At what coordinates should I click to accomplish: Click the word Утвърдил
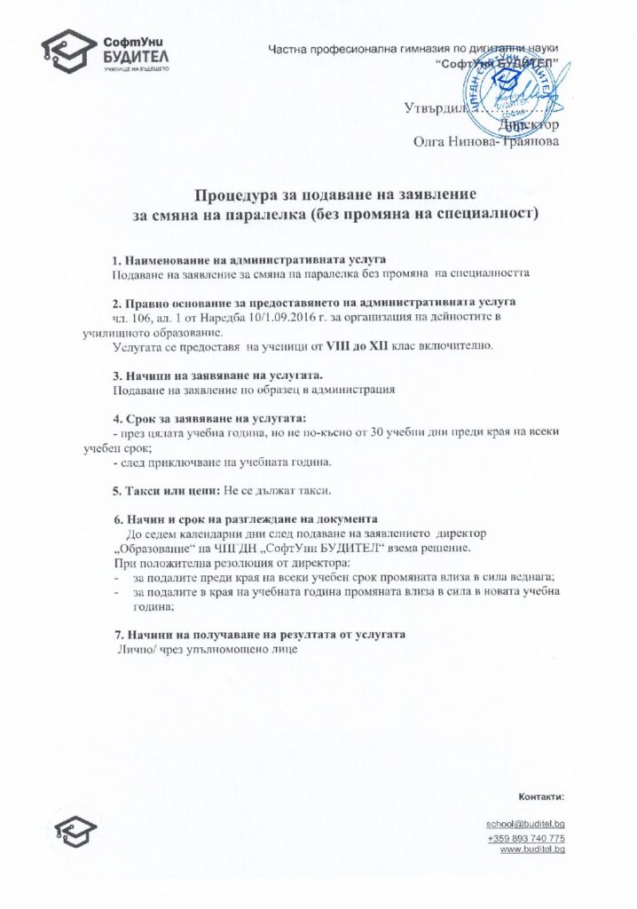[435, 109]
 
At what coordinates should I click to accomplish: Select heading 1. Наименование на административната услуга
[249, 258]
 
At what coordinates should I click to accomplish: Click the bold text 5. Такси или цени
[169, 489]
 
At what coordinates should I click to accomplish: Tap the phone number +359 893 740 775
[526, 838]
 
